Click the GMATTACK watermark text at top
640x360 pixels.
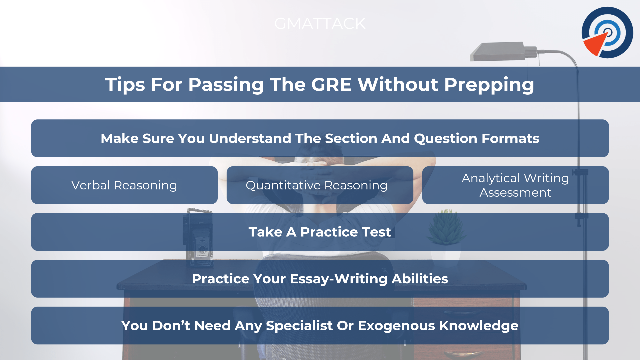point(320,24)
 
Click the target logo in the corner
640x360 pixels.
point(607,32)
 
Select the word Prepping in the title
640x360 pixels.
point(489,85)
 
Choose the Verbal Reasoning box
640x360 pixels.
point(124,185)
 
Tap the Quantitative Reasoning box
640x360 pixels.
point(320,185)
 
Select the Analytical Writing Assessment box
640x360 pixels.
point(515,185)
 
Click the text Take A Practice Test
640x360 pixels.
point(320,232)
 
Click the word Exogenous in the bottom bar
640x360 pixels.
point(396,326)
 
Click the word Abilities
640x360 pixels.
point(420,279)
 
